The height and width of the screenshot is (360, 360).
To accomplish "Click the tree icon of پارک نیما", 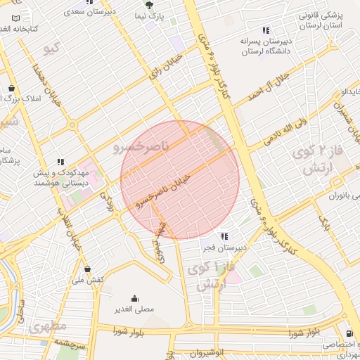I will coord(148,5).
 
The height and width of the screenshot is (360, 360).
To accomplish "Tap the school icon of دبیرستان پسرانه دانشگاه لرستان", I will coord(266,30).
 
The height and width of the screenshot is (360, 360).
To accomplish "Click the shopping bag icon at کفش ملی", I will coord(87,269).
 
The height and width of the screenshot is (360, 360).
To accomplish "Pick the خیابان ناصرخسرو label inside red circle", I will coord(163,190).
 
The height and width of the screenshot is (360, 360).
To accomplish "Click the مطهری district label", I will coord(48,326).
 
